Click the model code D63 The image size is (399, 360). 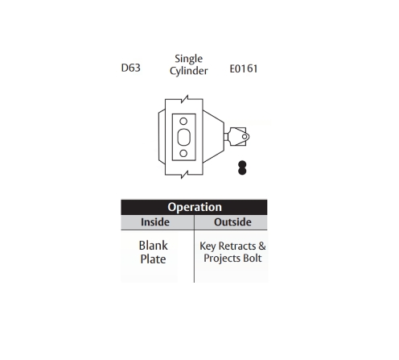tap(130, 68)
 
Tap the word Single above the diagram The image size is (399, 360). tap(188, 60)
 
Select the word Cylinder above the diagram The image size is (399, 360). tap(188, 71)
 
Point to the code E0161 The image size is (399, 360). tap(244, 68)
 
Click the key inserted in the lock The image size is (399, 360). tap(237, 137)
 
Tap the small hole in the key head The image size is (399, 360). tap(245, 137)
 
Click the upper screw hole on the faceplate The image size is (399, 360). tap(183, 121)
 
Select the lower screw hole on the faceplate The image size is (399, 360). tap(183, 153)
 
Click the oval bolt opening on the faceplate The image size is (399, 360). tap(183, 137)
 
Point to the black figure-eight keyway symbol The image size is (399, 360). tap(242, 168)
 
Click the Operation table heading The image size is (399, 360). tap(195, 207)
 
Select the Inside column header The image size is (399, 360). tap(155, 222)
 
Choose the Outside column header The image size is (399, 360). tap(232, 222)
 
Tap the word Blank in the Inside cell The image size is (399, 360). tap(154, 246)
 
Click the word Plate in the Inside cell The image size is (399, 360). tap(153, 259)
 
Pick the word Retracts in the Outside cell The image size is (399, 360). tap(237, 246)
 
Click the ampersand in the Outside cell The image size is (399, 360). tap(262, 246)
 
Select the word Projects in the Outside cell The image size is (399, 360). tap(222, 259)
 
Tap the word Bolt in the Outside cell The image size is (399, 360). tap(252, 258)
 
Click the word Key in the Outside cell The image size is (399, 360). tap(208, 246)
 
